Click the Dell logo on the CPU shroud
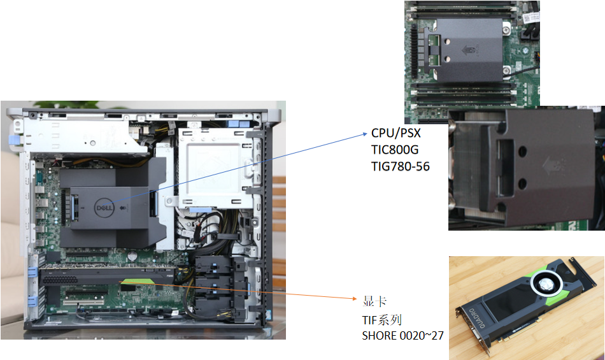pyautogui.click(x=104, y=208)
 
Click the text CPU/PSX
pyautogui.click(x=396, y=133)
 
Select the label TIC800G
pyautogui.click(x=395, y=150)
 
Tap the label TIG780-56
pyautogui.click(x=401, y=166)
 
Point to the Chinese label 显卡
pyautogui.click(x=374, y=301)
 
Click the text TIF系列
pyautogui.click(x=382, y=320)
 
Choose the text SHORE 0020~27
pyautogui.click(x=403, y=336)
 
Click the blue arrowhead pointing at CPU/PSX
pyautogui.click(x=365, y=134)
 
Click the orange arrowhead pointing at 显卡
pyautogui.click(x=355, y=298)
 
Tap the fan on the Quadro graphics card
pyautogui.click(x=546, y=285)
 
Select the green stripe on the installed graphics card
pyautogui.click(x=136, y=281)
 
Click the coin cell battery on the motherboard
pyautogui.click(x=132, y=255)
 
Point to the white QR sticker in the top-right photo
pyautogui.click(x=531, y=17)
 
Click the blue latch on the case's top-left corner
pyautogui.click(x=13, y=140)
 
